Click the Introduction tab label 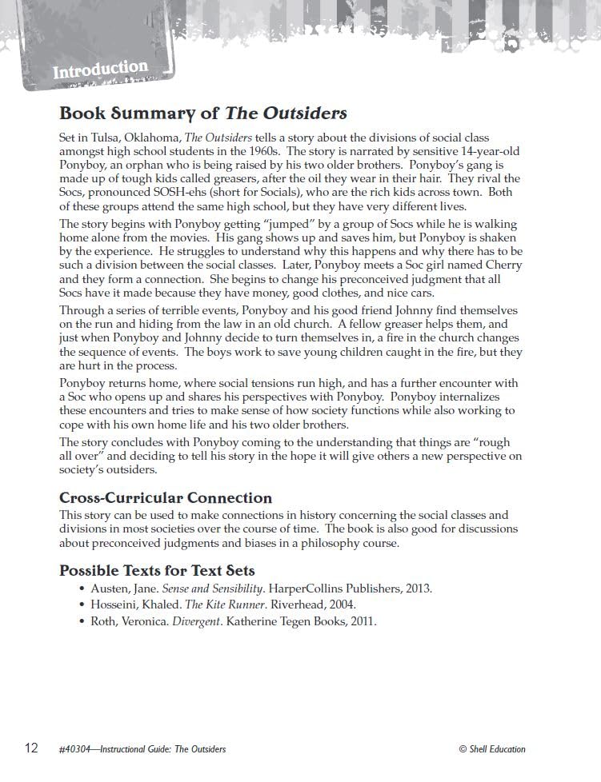[x=100, y=70]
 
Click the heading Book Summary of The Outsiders [x=203, y=113]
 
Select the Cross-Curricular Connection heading [x=166, y=497]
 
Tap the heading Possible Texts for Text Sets [x=157, y=570]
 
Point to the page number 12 [x=31, y=748]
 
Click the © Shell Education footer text [x=492, y=749]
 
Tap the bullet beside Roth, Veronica [x=82, y=621]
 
